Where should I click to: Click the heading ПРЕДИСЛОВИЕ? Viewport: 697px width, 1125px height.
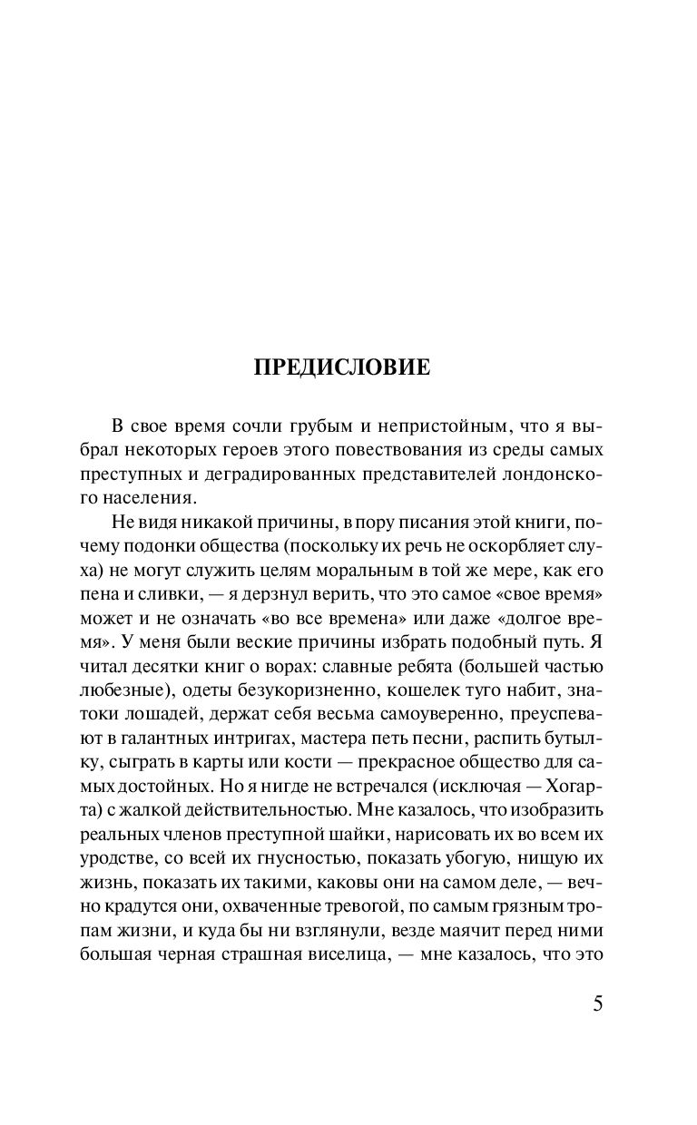point(348,367)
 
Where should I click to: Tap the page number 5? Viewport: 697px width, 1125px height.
point(596,1004)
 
